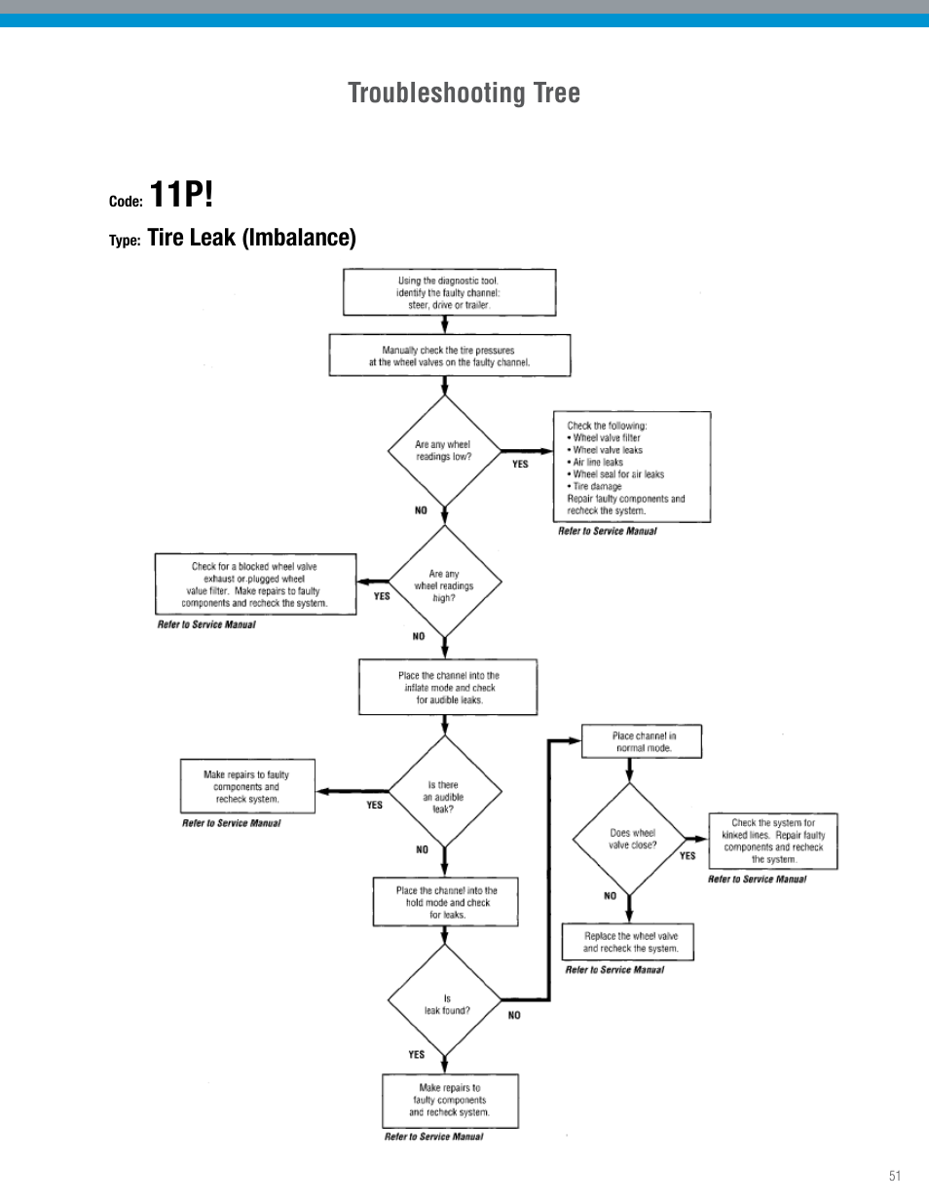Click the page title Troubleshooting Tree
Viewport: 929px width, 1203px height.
point(464,93)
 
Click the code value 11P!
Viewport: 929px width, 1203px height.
point(181,195)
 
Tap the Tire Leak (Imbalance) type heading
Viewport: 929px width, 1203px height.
point(251,238)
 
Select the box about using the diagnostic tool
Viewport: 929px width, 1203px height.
point(449,292)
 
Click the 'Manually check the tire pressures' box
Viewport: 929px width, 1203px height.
point(449,356)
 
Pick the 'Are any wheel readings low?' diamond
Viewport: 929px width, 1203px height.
point(444,451)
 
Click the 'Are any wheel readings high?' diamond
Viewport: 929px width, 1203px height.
point(444,585)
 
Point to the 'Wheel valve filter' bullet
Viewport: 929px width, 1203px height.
point(606,438)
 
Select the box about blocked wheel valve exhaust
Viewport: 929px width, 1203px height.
point(255,584)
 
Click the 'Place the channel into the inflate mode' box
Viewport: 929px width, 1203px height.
point(448,688)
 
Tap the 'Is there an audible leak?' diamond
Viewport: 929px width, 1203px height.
point(444,797)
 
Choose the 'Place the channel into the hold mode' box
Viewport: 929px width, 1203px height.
point(446,902)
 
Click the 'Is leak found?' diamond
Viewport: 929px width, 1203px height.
point(445,1003)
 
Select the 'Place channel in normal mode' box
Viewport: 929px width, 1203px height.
point(642,742)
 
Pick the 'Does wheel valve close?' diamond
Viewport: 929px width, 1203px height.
point(631,839)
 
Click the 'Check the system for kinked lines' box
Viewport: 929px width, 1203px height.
point(772,841)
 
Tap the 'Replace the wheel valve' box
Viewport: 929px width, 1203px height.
point(630,942)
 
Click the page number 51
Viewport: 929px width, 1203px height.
point(894,1176)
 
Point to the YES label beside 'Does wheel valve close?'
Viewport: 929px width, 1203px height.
point(687,856)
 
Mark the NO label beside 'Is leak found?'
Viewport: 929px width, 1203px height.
point(514,1015)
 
